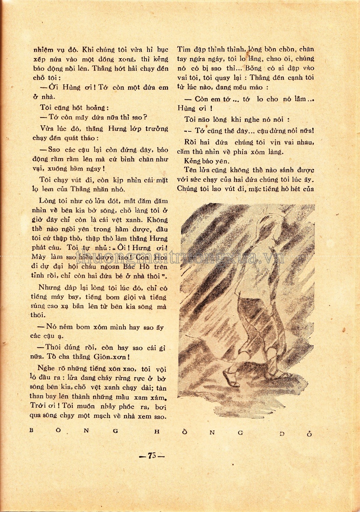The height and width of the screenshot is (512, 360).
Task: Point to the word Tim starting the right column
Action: click(x=183, y=49)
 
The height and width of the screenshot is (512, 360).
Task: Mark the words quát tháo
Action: click(x=83, y=139)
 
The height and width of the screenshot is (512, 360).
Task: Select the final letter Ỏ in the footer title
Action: click(x=310, y=433)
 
